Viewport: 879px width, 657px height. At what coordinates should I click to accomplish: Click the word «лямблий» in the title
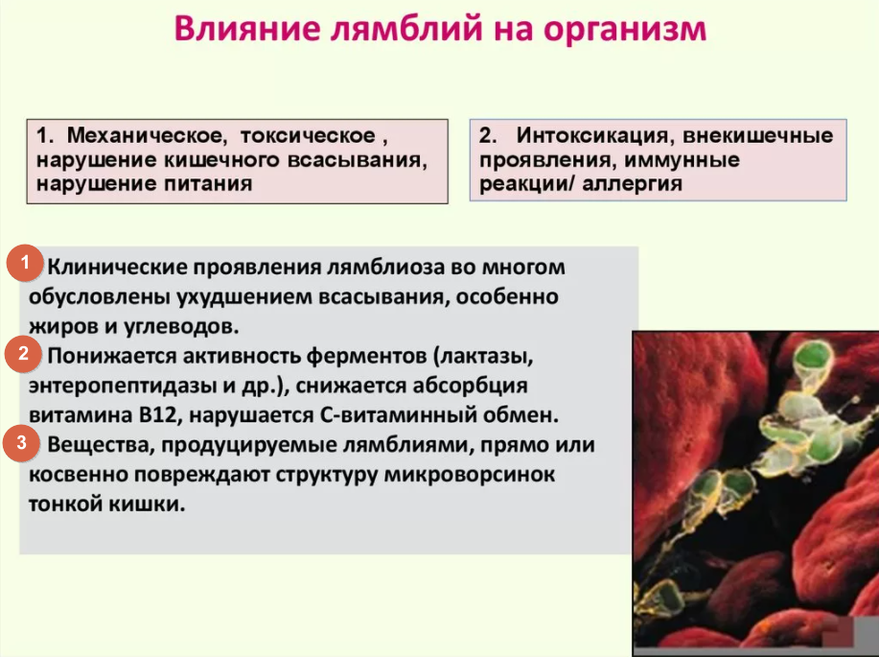[405, 28]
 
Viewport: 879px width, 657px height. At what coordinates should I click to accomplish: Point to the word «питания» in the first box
[208, 183]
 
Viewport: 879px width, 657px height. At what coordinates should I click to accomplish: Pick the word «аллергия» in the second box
[632, 183]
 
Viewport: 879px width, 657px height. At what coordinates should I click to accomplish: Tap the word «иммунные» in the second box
[682, 160]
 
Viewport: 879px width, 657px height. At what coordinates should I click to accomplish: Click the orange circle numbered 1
[25, 263]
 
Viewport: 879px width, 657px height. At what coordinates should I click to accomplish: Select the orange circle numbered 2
[23, 354]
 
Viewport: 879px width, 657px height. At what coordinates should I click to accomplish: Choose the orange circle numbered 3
[21, 443]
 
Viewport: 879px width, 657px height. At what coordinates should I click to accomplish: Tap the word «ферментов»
[366, 356]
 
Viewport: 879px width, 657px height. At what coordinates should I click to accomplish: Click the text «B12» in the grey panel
[159, 415]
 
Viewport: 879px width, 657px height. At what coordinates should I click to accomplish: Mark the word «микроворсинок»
[469, 475]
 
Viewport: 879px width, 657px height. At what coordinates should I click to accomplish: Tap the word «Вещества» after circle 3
[101, 445]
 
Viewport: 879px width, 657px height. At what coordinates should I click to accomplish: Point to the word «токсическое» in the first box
[308, 135]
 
